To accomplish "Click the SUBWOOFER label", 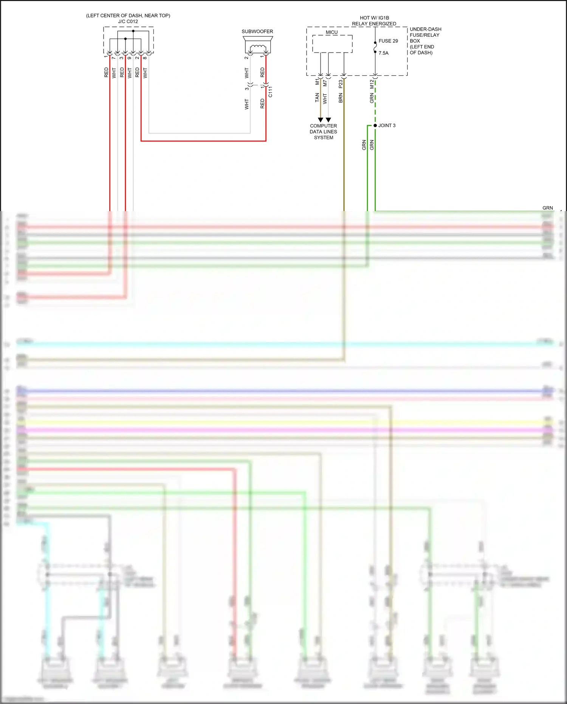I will point(257,31).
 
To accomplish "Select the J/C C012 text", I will point(128,22).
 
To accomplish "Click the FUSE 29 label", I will point(388,41).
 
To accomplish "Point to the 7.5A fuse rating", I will point(383,53).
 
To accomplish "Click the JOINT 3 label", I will point(387,126).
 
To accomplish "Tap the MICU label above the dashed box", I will point(332,32).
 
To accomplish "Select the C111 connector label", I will point(270,92).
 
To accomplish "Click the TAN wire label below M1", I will point(317,98).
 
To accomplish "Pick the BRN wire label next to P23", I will point(341,98).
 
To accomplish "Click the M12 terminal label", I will point(372,84).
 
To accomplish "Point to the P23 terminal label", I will point(341,84).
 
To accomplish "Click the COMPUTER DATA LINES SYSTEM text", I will point(323,132).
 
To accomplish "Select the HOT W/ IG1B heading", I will point(374,18).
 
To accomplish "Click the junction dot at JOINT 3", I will point(375,126).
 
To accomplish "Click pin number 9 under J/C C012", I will point(129,58).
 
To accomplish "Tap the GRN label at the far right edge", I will point(547,208).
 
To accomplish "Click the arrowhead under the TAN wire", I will point(321,120).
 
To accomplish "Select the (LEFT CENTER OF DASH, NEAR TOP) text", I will point(128,16).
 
